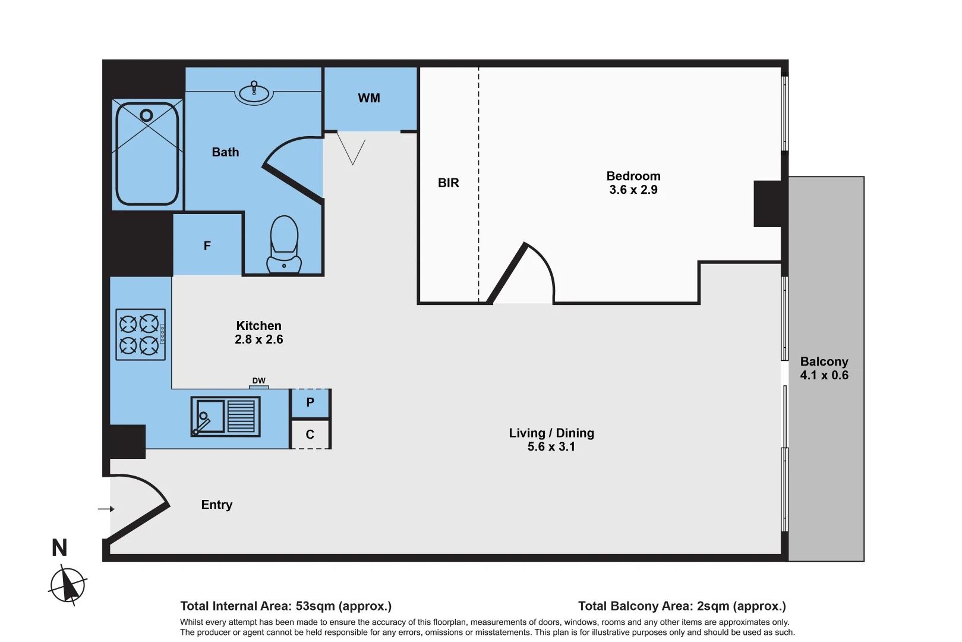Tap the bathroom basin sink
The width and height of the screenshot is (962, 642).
[x=254, y=94]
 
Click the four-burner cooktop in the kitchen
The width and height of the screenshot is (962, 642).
[x=140, y=335]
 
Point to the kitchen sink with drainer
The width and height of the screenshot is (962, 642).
[x=225, y=416]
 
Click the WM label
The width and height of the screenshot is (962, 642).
[x=369, y=98]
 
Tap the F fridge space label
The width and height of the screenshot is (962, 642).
[x=207, y=246]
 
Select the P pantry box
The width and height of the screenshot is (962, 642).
[x=310, y=403]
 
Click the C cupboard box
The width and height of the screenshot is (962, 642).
[x=310, y=435]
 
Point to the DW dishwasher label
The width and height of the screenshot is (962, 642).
[x=258, y=380]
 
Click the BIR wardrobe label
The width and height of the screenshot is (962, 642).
[x=449, y=183]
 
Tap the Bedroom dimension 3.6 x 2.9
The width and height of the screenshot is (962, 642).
[x=633, y=190]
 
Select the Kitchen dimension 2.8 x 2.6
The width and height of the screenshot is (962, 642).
[x=258, y=339]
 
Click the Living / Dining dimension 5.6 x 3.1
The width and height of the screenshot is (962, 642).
[x=551, y=447]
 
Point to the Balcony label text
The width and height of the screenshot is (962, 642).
[x=824, y=361]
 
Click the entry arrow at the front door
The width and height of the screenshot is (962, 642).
[x=106, y=509]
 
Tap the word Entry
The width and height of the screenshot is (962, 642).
[x=217, y=505]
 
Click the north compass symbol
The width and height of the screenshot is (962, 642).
[x=68, y=585]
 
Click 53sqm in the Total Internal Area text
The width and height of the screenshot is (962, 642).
[x=315, y=606]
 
